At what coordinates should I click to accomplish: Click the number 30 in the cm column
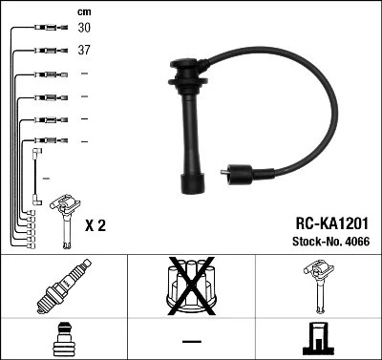(85, 30)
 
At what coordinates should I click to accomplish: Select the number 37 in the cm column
(85, 52)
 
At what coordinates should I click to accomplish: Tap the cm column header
(83, 11)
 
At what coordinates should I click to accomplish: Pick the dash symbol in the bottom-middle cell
(191, 340)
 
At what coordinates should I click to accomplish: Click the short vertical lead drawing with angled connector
(36, 172)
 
